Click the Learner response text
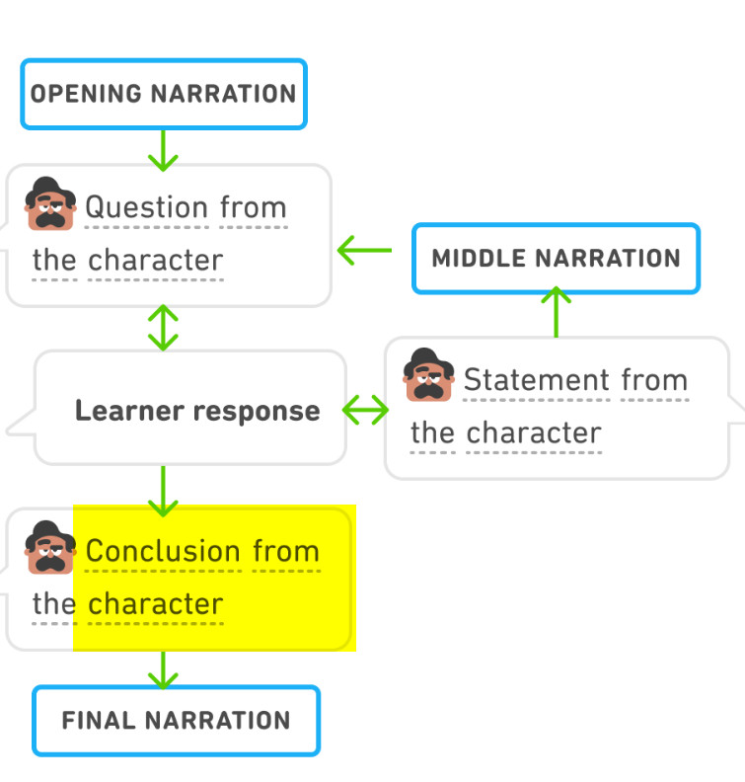[197, 411]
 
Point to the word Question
[146, 207]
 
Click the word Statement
[536, 380]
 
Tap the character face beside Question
[50, 203]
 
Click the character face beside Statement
[428, 375]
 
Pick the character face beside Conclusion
[50, 548]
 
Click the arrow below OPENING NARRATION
[163, 151]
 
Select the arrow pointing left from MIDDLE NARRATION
[365, 251]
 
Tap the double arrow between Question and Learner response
[163, 328]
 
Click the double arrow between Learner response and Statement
[365, 410]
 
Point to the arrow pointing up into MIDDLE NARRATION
[557, 312]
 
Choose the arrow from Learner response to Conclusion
[163, 492]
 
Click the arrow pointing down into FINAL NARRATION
[163, 670]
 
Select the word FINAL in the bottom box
[99, 721]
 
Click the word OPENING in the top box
[87, 94]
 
